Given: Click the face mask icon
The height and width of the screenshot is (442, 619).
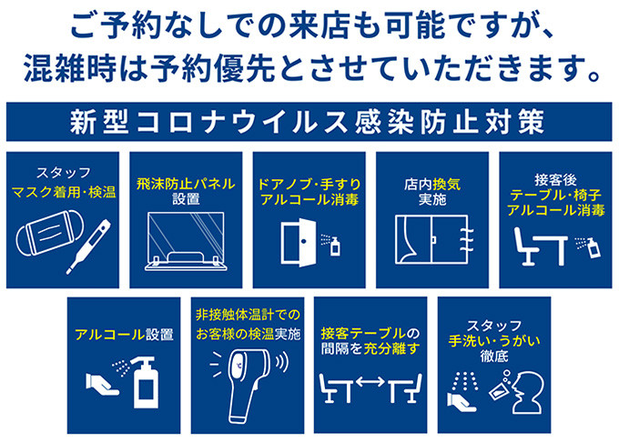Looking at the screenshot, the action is [49, 234].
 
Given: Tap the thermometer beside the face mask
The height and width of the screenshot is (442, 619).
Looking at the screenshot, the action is [89, 246].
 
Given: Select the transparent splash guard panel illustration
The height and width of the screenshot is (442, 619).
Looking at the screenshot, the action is [186, 241].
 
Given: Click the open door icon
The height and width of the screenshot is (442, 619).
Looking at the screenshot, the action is [299, 243].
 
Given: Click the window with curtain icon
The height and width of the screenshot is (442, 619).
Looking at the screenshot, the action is [433, 239].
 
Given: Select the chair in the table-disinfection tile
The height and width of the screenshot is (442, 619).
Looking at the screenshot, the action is [526, 246].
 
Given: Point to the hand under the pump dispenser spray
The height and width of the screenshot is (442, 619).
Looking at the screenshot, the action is [101, 385].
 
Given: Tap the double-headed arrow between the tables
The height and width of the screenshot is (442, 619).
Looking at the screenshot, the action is [370, 381].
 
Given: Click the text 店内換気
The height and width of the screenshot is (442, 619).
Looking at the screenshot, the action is [432, 184].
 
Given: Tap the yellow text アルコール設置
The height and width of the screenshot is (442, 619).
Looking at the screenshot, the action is [124, 335].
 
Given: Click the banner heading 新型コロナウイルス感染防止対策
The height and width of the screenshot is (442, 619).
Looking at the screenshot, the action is [308, 122].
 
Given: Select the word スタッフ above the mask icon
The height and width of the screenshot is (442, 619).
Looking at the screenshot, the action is [63, 172].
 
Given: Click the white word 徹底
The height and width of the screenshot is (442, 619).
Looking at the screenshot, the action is [494, 357].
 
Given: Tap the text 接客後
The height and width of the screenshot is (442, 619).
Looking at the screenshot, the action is [556, 180].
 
